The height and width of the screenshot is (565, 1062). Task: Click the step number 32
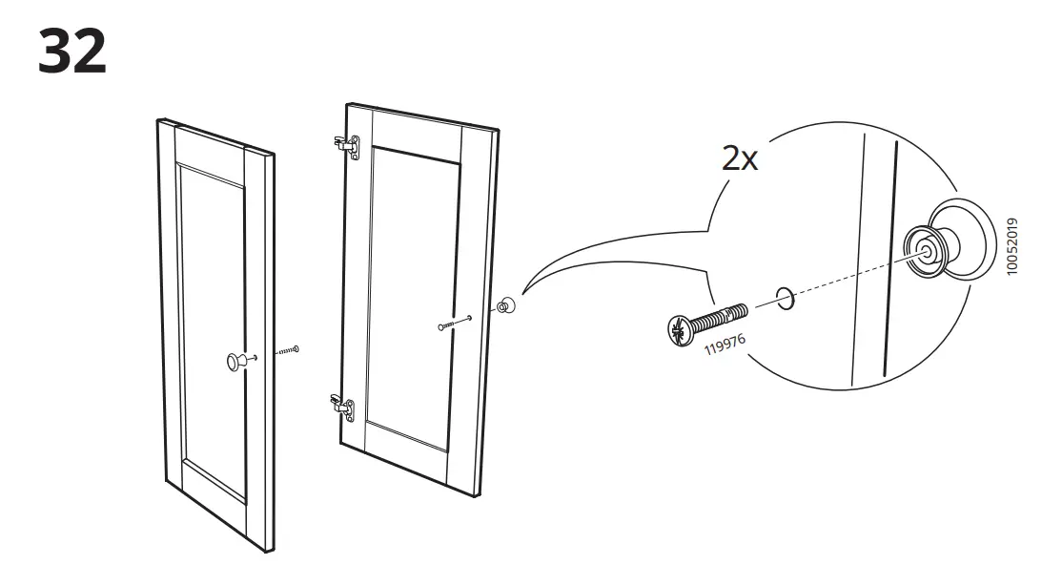click(x=72, y=52)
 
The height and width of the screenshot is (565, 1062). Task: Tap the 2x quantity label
click(x=739, y=158)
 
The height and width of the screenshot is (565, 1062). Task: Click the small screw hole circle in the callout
click(x=783, y=298)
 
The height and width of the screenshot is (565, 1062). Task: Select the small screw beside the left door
click(x=287, y=350)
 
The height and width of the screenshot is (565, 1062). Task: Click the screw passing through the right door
click(x=456, y=323)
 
